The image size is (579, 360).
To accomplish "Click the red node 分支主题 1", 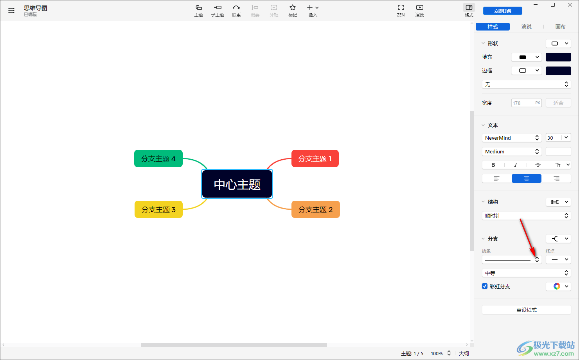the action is [x=315, y=158].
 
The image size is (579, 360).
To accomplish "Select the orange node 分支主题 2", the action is [x=316, y=209].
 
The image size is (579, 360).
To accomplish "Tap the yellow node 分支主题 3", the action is [x=158, y=209].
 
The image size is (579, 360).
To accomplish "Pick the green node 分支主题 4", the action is [x=158, y=158].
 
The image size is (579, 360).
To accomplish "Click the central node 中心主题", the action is [x=237, y=184].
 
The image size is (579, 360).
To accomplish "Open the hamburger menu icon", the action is [x=11, y=11].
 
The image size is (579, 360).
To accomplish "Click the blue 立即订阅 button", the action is [x=502, y=11].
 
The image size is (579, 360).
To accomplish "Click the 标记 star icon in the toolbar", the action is [x=292, y=7].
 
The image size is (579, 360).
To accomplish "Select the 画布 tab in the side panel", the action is [x=560, y=27].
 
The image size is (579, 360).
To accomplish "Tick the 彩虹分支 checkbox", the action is [x=485, y=286].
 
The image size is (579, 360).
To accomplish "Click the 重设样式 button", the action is [x=526, y=310].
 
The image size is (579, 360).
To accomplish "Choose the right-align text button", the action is [x=556, y=178].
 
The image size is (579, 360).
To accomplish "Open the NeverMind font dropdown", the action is [x=512, y=138].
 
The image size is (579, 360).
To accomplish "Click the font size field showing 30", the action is [x=554, y=138].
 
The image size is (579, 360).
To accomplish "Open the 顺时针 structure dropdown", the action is [x=526, y=216].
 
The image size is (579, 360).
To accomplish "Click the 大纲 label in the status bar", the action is [x=464, y=353].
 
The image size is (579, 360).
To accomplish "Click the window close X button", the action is [x=570, y=5].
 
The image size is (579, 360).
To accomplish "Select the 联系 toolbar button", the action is [x=236, y=11].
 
